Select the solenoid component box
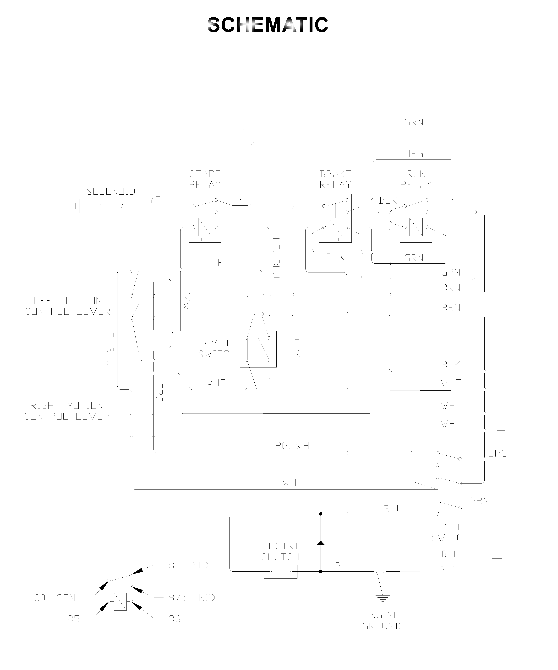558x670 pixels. click(111, 206)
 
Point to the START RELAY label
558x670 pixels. click(205, 179)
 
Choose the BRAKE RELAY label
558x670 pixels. click(335, 179)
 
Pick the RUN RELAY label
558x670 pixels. click(416, 179)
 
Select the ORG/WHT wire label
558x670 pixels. click(292, 446)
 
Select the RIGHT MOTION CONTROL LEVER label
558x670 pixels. click(67, 411)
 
